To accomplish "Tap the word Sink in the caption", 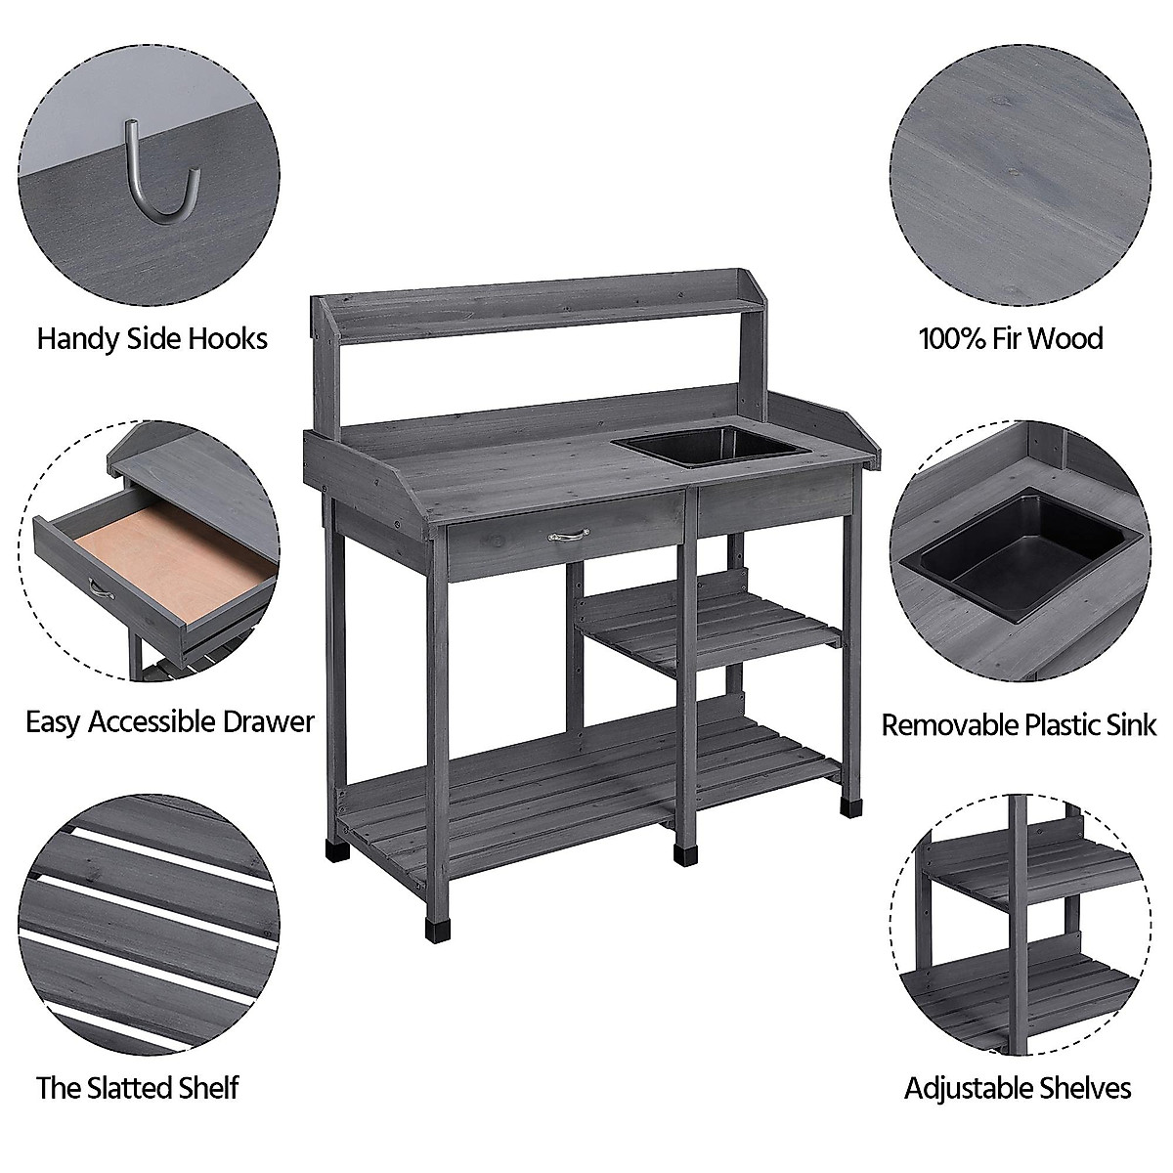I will coord(1129,724).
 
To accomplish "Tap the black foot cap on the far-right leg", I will coord(848,807).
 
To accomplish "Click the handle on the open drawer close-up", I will coord(99,588).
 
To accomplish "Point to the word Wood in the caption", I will coord(1064,339).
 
